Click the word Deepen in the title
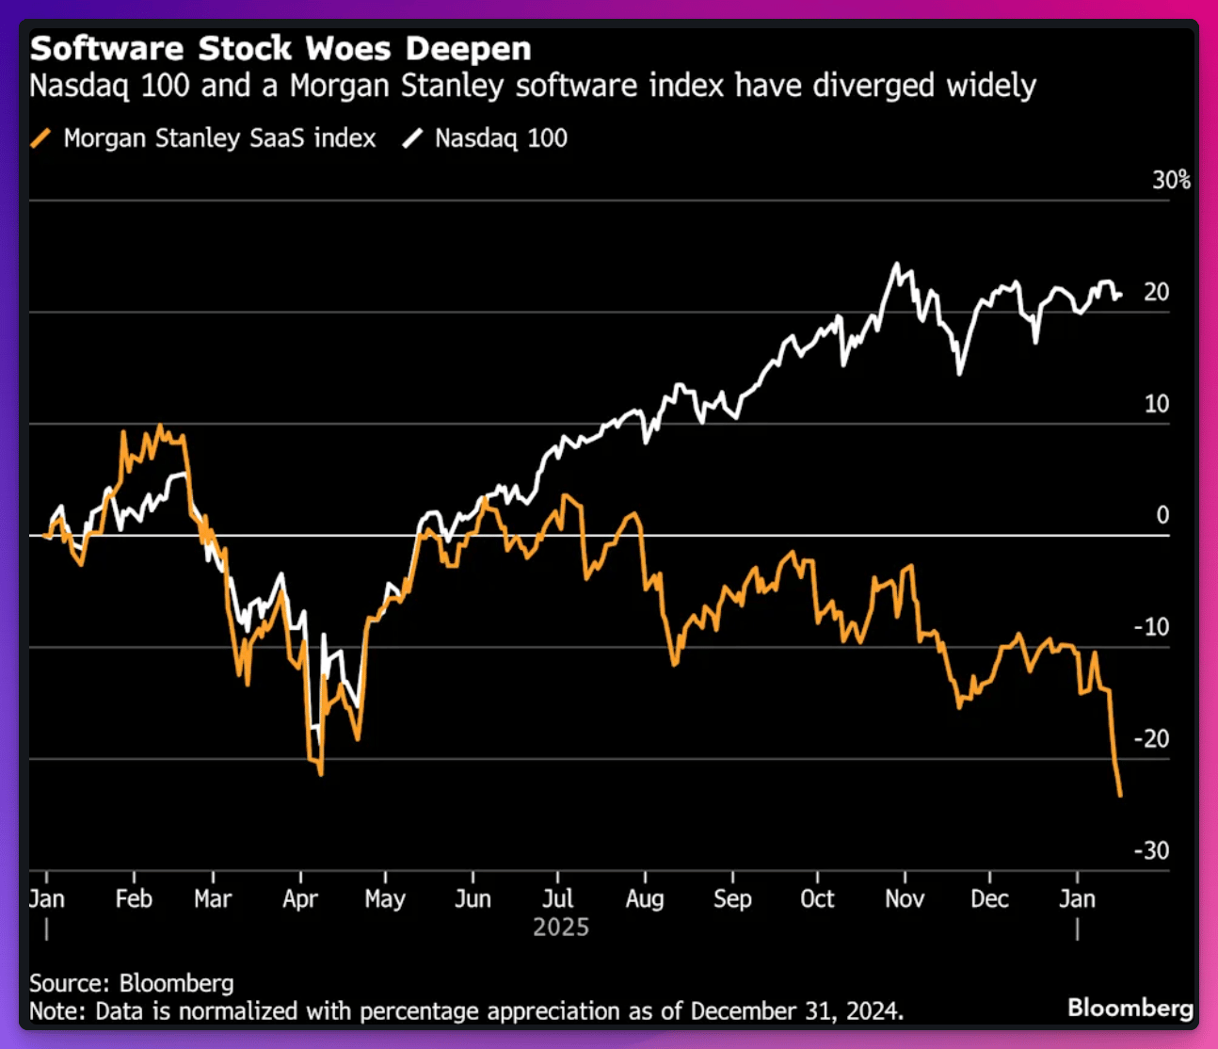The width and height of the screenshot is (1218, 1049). click(x=468, y=48)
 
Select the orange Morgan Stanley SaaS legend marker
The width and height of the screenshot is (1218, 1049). click(x=40, y=138)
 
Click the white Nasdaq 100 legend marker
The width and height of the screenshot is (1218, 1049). click(x=412, y=138)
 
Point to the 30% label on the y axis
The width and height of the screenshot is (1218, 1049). click(x=1171, y=180)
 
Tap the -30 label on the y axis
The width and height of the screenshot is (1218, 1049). click(x=1151, y=850)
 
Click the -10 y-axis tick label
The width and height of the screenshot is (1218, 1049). click(x=1151, y=627)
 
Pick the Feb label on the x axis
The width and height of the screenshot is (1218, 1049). click(x=134, y=899)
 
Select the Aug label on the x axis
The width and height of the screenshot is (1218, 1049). click(x=645, y=899)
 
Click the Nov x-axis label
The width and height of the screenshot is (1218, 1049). click(x=904, y=899)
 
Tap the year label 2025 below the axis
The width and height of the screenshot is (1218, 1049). click(x=561, y=928)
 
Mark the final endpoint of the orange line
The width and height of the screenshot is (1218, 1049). click(x=1120, y=796)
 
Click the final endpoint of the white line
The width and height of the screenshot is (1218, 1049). click(x=1120, y=295)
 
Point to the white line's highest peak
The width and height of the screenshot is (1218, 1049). click(x=896, y=264)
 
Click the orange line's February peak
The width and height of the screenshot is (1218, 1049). click(x=159, y=427)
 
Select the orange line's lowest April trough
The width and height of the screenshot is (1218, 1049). click(x=321, y=774)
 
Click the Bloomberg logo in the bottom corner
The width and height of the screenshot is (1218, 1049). click(x=1130, y=1008)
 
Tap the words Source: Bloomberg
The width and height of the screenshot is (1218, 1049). click(x=132, y=983)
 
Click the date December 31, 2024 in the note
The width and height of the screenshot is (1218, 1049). click(x=796, y=1011)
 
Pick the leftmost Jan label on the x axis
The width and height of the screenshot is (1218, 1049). click(x=47, y=899)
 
